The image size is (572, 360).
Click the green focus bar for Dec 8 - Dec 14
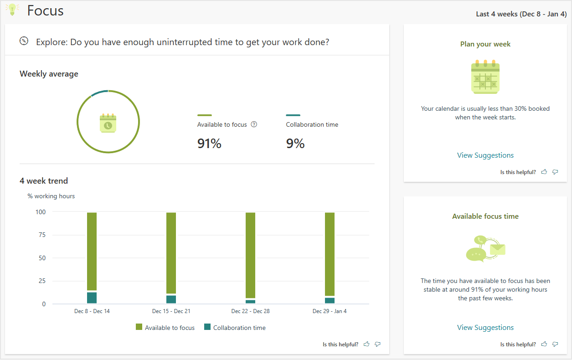click(x=92, y=251)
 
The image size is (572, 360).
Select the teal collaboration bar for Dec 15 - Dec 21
click(x=171, y=299)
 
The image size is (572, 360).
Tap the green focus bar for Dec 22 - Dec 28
click(x=250, y=255)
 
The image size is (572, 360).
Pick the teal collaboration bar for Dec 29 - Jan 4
click(x=330, y=300)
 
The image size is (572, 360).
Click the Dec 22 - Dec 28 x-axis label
click(x=250, y=311)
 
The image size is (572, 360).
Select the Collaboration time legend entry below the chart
click(x=239, y=328)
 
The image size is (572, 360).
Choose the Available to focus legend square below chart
click(x=139, y=327)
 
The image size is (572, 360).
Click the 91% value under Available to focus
click(x=209, y=144)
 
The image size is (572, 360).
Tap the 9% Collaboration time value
click(x=295, y=144)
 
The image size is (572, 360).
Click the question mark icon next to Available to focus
click(x=254, y=124)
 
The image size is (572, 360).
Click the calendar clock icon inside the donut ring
click(x=108, y=123)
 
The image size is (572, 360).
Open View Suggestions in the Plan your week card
click(x=485, y=155)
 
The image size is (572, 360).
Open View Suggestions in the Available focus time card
click(x=485, y=328)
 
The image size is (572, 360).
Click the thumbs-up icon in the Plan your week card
click(x=544, y=172)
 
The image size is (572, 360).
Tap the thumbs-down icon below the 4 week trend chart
click(x=377, y=344)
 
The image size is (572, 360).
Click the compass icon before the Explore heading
click(x=24, y=41)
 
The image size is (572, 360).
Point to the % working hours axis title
click(x=51, y=196)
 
